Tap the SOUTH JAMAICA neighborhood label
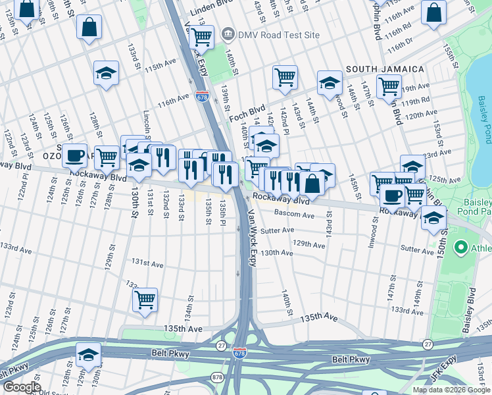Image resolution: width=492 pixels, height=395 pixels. tap(385, 69)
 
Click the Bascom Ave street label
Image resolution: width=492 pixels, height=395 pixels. tap(294, 215)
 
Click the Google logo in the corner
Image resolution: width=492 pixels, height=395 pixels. tap(21, 387)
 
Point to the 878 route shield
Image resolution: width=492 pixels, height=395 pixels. tap(217, 377)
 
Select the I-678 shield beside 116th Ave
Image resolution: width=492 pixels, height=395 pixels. tap(202, 97)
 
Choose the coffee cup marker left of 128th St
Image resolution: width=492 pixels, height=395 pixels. tap(75, 155)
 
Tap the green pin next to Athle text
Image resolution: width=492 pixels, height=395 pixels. tap(460, 248)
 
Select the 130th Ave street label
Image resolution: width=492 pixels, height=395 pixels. tap(277, 253)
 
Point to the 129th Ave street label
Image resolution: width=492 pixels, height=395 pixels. tap(309, 244)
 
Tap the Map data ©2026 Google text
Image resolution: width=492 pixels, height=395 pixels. tap(451, 390)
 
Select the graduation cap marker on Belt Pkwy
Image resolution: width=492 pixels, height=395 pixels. tap(88, 354)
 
